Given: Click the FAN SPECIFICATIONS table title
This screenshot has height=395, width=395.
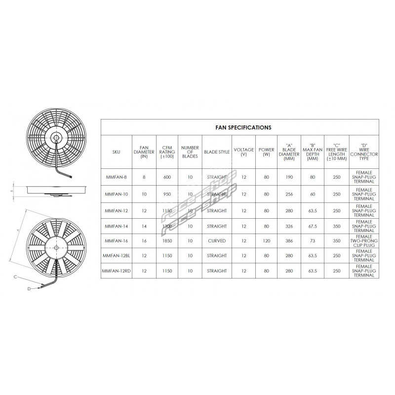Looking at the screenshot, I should pyautogui.click(x=243, y=127).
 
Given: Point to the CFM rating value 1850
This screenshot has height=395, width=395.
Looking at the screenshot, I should pyautogui.click(x=166, y=241).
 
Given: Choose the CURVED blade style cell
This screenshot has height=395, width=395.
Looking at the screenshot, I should pyautogui.click(x=217, y=241).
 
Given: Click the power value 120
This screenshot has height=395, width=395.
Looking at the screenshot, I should pyautogui.click(x=266, y=241).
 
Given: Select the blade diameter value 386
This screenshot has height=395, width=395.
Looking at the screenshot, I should pyautogui.click(x=289, y=241).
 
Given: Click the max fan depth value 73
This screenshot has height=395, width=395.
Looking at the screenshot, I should pyautogui.click(x=312, y=241).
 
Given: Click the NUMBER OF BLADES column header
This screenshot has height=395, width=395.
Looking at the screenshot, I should pyautogui.click(x=189, y=152).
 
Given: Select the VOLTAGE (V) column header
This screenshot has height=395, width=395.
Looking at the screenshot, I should pyautogui.click(x=243, y=152).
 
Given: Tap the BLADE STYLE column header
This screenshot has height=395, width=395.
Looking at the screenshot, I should pyautogui.click(x=217, y=152).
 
